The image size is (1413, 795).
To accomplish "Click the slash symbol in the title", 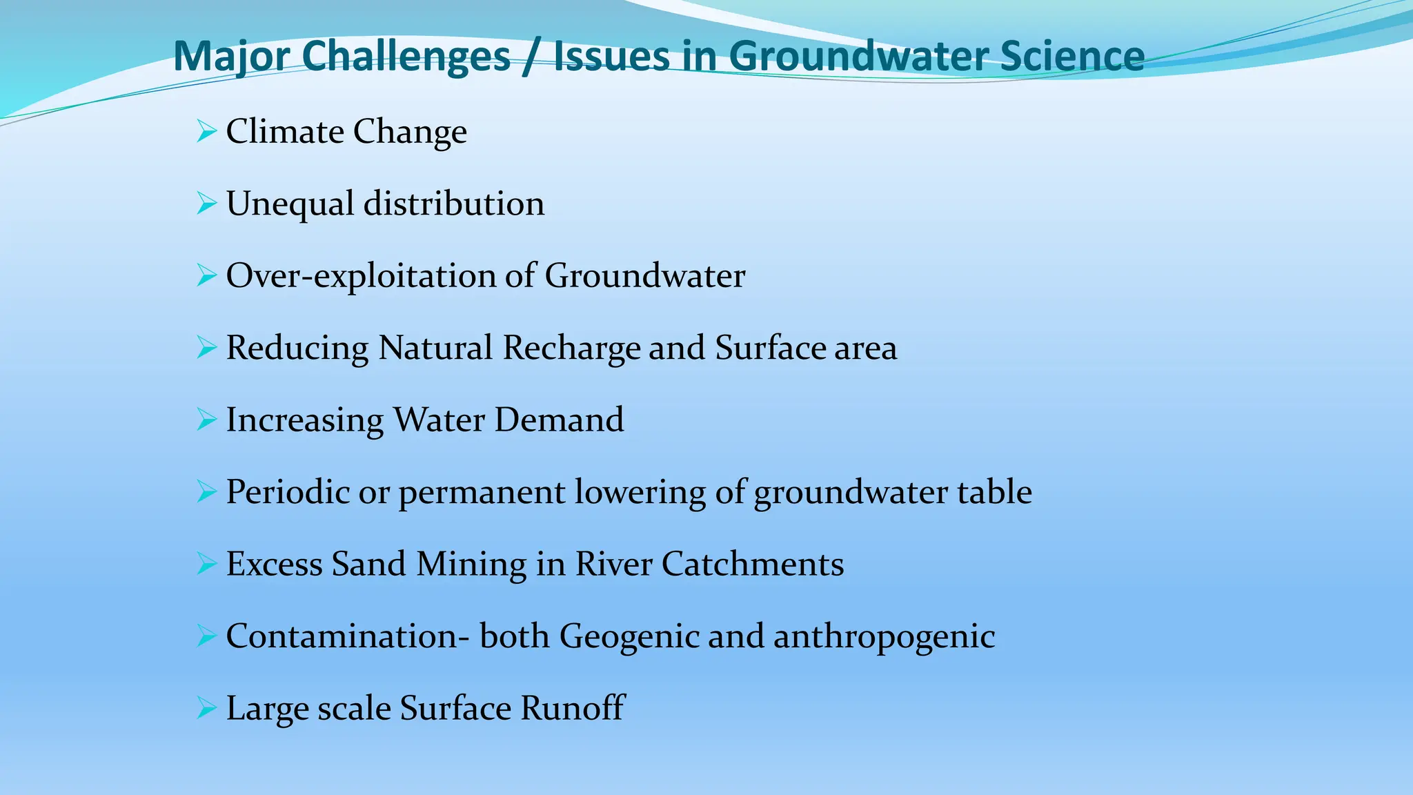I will point(531,57).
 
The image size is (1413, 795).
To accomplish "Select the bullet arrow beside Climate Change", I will point(206,130).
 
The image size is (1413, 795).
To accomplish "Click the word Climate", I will point(285,131).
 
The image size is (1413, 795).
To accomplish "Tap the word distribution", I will point(454,204).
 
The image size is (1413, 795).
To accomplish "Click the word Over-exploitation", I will point(361,276).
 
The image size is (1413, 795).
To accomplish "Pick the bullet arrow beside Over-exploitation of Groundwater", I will point(206,275).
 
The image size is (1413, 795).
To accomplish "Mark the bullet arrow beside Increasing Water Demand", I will point(206,419).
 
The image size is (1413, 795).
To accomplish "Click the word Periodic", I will point(288,492).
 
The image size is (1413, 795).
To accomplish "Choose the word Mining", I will point(471,565).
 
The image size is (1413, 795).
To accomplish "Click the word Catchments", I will point(753,564).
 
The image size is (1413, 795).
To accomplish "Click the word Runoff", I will point(573,708).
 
